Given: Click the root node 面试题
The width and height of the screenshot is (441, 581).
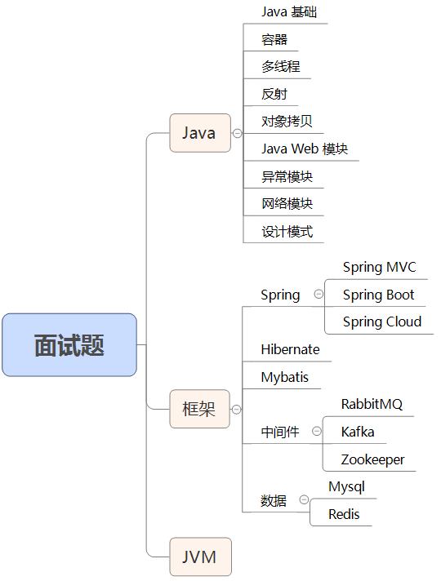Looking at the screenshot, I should point(69,345).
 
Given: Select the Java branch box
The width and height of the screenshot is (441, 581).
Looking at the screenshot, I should point(199,133).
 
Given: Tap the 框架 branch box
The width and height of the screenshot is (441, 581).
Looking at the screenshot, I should point(199,409).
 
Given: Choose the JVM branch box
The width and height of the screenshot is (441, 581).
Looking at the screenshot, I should point(199,557).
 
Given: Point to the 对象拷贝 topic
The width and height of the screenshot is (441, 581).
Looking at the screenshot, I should point(287,122).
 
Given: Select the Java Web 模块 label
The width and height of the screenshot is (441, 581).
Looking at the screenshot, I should point(305,149).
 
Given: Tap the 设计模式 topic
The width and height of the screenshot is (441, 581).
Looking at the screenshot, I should point(287,231).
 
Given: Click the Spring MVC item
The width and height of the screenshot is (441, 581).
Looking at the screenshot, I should point(379,267).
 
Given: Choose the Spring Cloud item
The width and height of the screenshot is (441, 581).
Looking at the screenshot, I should point(381,321).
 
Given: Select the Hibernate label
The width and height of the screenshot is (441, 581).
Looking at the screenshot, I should point(290,349).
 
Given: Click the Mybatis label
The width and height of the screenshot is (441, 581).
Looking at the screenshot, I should point(285,377).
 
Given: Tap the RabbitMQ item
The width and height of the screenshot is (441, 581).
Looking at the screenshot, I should point(372,404).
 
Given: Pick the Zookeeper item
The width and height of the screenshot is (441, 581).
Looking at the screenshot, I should point(372,459).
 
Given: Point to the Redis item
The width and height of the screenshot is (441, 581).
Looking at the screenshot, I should point(343,514).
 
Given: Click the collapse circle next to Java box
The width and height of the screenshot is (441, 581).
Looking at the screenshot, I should point(237,133).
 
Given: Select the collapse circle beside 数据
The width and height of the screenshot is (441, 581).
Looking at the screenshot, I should point(304,499).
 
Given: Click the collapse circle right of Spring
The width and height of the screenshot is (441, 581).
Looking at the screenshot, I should point(318,295).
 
